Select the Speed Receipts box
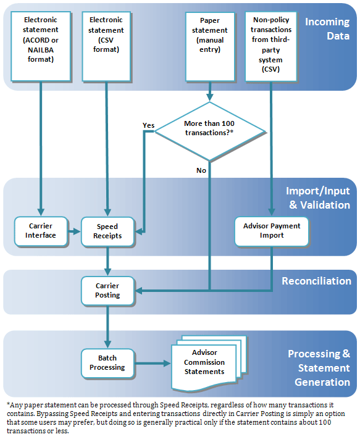click(108, 231)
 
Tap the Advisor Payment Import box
click(272, 230)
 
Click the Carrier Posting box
click(107, 290)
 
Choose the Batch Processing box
click(107, 362)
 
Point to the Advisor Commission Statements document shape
click(205, 363)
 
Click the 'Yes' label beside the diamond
click(148, 125)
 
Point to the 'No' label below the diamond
click(201, 170)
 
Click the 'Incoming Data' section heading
click(327, 28)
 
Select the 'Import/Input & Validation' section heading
click(317, 198)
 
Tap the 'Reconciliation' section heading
click(316, 281)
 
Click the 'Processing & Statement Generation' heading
click(319, 368)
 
